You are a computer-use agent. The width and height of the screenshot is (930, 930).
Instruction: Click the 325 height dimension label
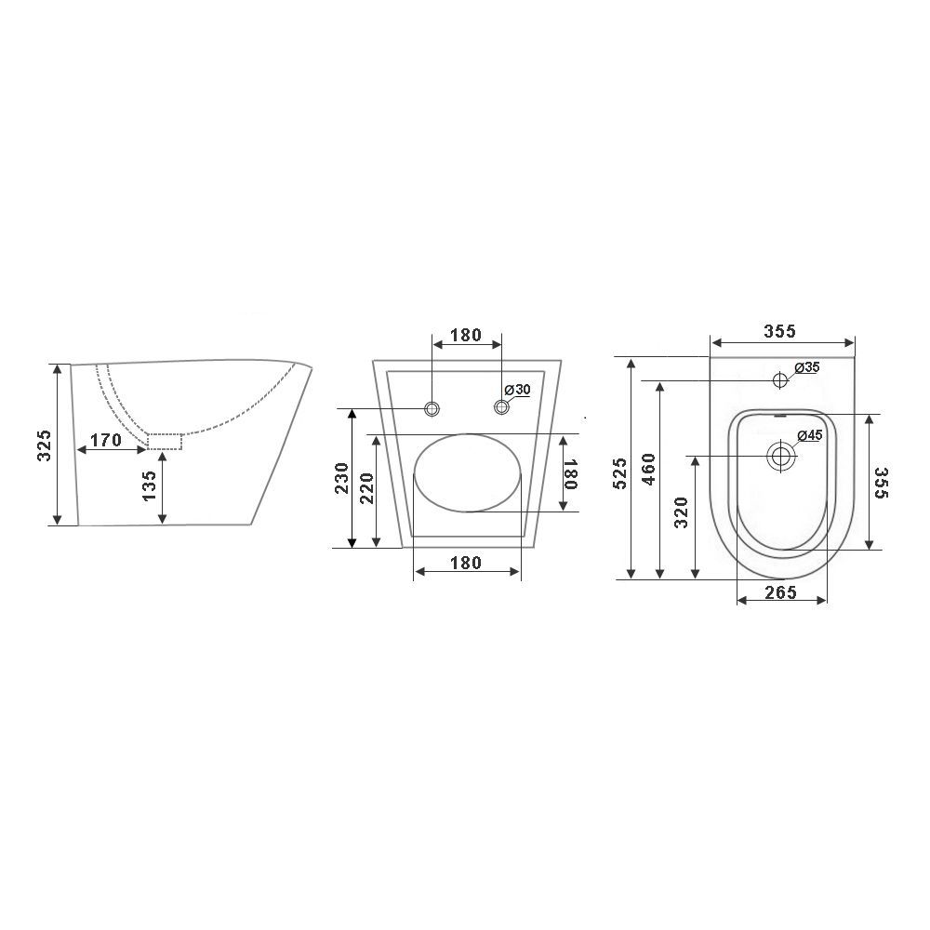click(45, 445)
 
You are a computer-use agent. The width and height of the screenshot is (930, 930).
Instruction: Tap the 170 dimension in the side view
click(106, 440)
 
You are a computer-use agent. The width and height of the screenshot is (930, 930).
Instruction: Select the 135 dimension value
click(149, 485)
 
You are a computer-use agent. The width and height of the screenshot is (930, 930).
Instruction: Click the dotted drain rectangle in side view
click(165, 442)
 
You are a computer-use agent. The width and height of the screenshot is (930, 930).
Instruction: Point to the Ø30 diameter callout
click(517, 390)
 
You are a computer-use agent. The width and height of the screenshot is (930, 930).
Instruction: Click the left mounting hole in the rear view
click(432, 408)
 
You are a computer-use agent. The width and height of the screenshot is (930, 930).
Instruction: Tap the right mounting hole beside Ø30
click(502, 407)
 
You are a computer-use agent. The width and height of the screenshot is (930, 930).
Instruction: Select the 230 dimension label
click(341, 478)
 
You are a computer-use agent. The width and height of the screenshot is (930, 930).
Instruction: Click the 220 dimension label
click(366, 488)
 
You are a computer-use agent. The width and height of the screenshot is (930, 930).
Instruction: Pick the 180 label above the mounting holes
click(466, 336)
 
